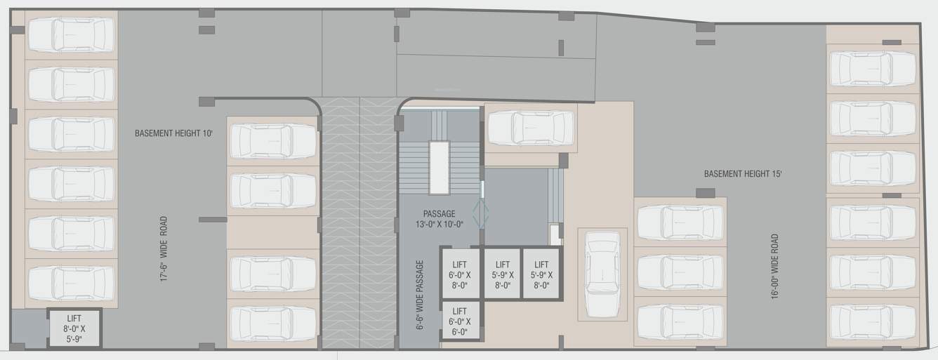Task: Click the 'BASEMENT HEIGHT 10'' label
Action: [x=173, y=133]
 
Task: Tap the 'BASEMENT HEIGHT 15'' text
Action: [x=743, y=173]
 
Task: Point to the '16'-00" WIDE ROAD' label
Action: [x=775, y=267]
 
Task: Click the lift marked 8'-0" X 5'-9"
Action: [x=74, y=328]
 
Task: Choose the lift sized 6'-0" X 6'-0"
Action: [x=460, y=321]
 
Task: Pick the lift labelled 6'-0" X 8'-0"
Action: [x=460, y=274]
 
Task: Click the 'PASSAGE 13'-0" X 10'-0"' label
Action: [x=439, y=219]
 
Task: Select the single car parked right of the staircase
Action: [x=530, y=127]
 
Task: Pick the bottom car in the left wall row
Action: [x=71, y=283]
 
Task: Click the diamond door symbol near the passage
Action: [x=482, y=213]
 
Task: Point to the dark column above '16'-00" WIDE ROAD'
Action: [x=706, y=193]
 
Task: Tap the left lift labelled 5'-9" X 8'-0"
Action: [x=502, y=274]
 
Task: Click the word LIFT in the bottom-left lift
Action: [x=74, y=318]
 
